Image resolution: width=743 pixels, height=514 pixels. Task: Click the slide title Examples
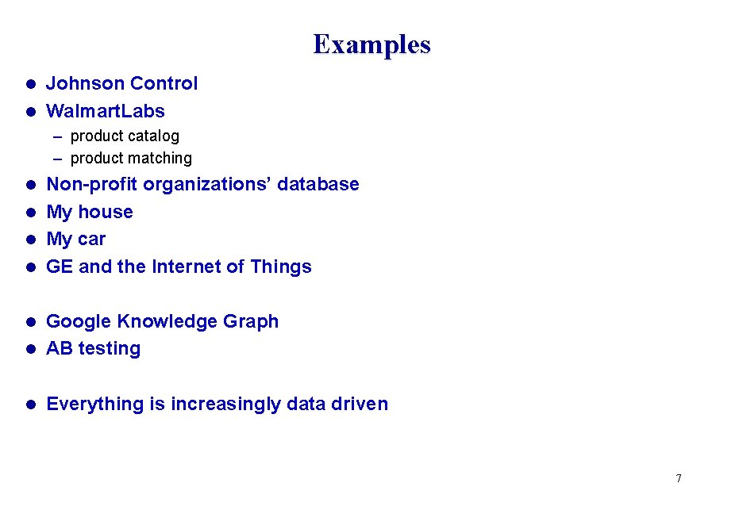tap(371, 44)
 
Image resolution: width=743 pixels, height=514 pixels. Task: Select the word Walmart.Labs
tap(106, 111)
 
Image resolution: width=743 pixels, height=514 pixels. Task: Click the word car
tap(91, 240)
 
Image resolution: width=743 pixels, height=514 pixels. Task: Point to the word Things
tap(281, 267)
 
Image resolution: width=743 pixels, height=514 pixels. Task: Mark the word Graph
tap(251, 321)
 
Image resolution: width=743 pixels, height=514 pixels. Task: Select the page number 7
tap(679, 478)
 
